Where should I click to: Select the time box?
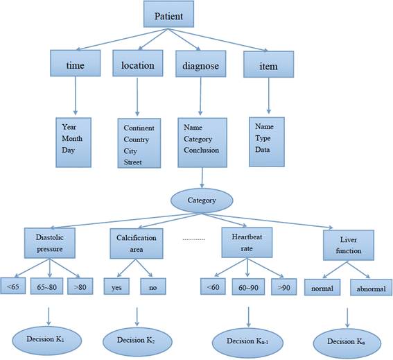[x=76, y=65]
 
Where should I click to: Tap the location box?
[x=137, y=65]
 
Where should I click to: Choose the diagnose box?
[x=201, y=65]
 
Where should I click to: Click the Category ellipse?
[x=202, y=200]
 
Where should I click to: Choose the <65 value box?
[x=13, y=285]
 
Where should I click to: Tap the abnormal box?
[x=371, y=287]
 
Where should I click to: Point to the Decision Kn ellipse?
[x=347, y=341]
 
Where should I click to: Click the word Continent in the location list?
[x=139, y=128]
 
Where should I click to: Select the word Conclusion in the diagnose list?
[x=202, y=150]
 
